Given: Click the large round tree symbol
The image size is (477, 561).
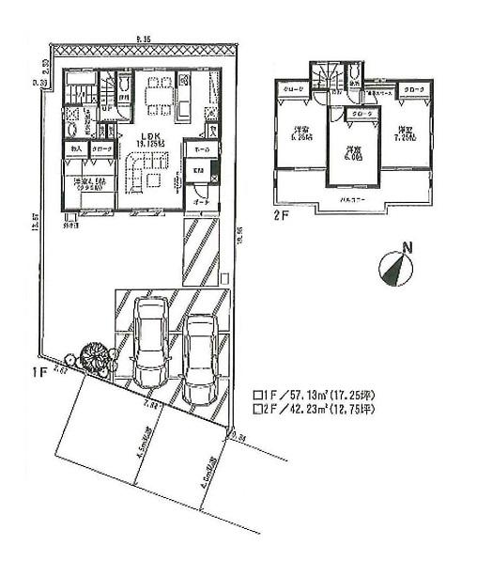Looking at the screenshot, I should pos(95,358).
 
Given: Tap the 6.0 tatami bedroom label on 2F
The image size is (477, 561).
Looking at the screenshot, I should pos(353,151).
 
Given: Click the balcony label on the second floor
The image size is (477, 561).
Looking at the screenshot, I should pos(352,201).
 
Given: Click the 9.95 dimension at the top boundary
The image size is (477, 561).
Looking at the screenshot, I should pos(143,39).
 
